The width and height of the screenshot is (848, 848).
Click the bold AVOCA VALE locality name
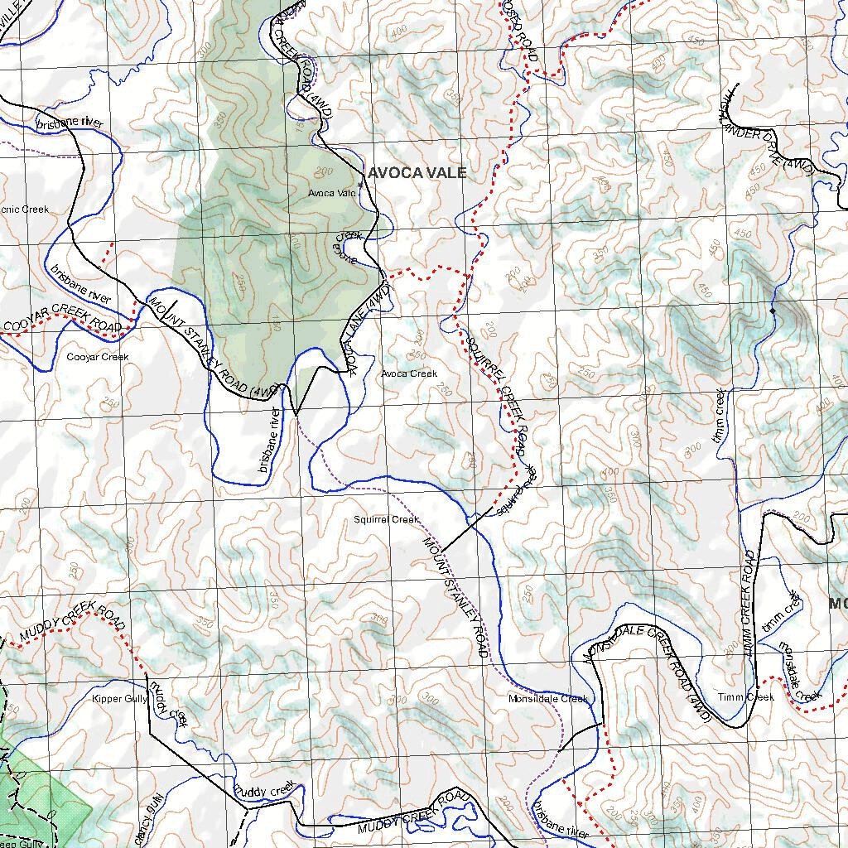[x=417, y=173]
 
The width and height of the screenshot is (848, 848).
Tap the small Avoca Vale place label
[x=332, y=193]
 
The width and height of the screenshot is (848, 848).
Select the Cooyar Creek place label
[x=98, y=357]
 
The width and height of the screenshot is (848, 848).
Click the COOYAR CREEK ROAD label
[x=62, y=319]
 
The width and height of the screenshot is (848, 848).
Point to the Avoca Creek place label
[x=409, y=373]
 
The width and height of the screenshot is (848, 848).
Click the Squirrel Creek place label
[x=386, y=520]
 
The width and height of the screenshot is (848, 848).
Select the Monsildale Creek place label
[x=548, y=699]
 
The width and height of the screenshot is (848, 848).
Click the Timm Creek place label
[x=746, y=697]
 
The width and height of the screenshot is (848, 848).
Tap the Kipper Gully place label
[x=119, y=699]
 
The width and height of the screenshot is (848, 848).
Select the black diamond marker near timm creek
[x=773, y=311]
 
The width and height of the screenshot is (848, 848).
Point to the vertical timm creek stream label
[x=720, y=415]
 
